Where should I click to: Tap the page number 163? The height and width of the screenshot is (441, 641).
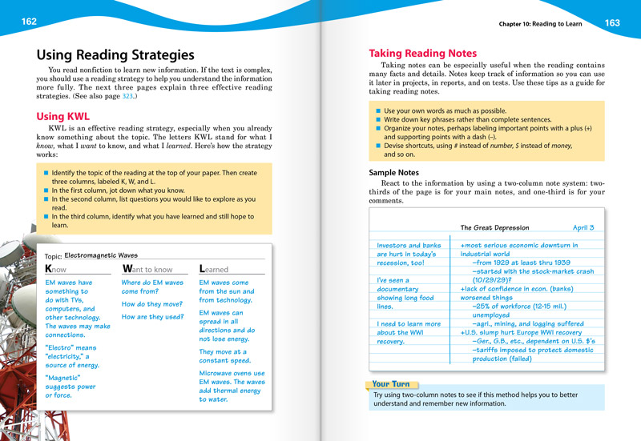pyautogui.click(x=612, y=23)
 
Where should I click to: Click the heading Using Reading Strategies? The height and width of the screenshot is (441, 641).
pyautogui.click(x=115, y=55)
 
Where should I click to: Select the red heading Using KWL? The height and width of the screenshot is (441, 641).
pyautogui.click(x=63, y=117)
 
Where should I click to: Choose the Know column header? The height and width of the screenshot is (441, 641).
pyautogui.click(x=55, y=270)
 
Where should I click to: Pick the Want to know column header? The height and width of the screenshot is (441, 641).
pyautogui.click(x=147, y=270)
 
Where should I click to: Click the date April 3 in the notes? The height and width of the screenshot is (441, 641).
pyautogui.click(x=583, y=228)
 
